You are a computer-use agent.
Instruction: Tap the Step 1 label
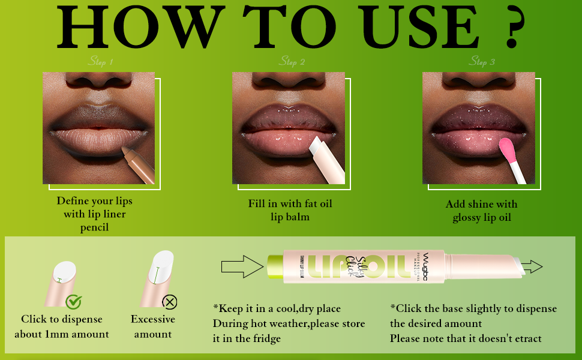click(x=100, y=61)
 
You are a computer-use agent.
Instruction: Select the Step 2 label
click(x=292, y=61)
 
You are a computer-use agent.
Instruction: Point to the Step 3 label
click(x=482, y=61)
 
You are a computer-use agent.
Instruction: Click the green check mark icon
click(x=74, y=302)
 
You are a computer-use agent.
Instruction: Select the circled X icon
click(x=170, y=301)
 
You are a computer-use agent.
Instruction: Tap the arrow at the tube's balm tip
click(x=531, y=267)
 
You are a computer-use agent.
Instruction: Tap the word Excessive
click(x=153, y=319)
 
